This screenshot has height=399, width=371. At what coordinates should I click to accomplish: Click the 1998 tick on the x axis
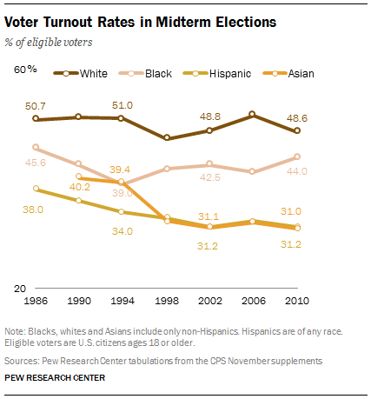[167, 300]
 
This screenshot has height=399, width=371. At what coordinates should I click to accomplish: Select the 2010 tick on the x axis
[297, 300]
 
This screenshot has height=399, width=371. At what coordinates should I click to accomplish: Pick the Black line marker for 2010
[297, 157]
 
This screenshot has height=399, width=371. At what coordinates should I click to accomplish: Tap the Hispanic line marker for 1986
[36, 189]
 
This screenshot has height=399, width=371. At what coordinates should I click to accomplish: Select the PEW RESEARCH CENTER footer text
[55, 378]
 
